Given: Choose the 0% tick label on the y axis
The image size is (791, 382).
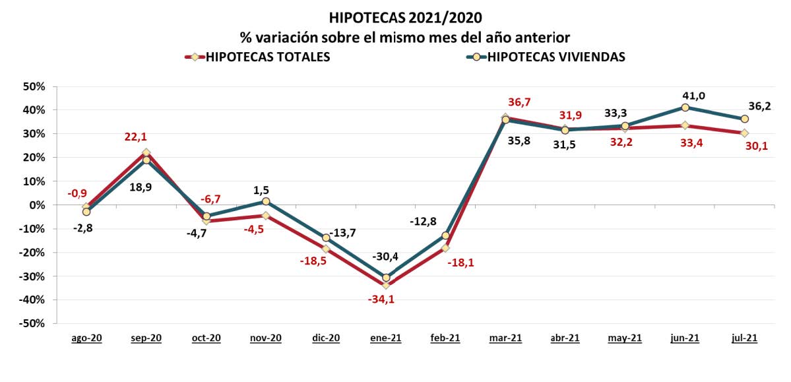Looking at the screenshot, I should tap(36, 205).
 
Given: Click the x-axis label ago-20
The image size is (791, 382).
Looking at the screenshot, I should tap(86, 338).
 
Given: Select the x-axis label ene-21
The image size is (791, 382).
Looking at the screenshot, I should tap(386, 338).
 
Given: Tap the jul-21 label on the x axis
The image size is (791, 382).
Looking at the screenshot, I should tap(745, 338).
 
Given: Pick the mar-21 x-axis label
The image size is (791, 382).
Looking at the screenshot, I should tap(506, 338).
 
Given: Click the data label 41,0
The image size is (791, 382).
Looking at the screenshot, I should tap(693, 96).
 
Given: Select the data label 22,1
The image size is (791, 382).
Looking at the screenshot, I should tap(137, 137).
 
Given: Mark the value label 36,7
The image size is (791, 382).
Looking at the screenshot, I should tap(519, 102).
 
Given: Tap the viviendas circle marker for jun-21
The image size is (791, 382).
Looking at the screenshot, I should tap(685, 108).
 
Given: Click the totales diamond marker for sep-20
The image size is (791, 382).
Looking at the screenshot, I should tap(146, 152).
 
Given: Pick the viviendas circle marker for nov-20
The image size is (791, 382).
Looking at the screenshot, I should tap(266, 201).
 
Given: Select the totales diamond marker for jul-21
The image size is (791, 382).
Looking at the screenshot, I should tap(745, 133).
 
